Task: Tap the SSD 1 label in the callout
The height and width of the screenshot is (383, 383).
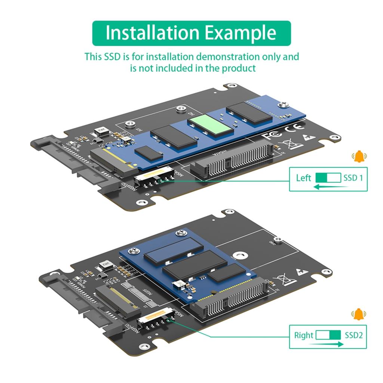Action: tap(353, 178)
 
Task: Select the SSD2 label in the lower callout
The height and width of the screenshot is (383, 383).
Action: tap(353, 335)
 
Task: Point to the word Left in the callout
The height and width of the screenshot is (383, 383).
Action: tap(303, 178)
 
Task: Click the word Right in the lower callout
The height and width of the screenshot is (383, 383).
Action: tap(303, 335)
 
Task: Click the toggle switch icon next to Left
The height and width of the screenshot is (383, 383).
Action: tap(328, 178)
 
